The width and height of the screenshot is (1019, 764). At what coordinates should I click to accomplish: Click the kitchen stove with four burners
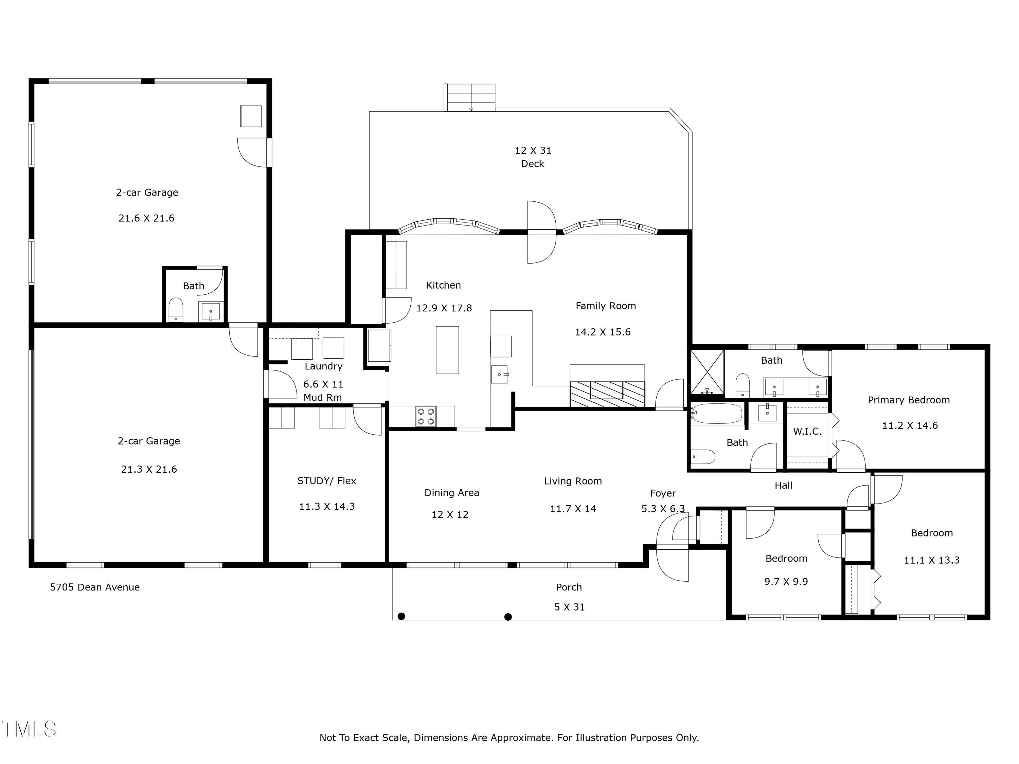point(426,416)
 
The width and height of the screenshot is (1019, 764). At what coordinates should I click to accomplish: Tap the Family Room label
point(606,306)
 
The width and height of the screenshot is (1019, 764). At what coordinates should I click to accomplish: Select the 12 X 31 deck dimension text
point(533,150)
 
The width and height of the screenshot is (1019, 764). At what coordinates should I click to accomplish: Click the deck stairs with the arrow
point(469,98)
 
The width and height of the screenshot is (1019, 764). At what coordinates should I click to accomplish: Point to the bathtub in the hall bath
point(717,414)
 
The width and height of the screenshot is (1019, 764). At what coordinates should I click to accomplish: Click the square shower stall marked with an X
point(707,372)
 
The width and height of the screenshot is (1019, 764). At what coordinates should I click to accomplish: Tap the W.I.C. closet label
point(807,432)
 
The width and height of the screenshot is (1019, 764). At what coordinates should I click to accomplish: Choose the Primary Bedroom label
point(909,400)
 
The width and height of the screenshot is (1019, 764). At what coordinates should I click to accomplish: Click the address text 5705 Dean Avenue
point(95,587)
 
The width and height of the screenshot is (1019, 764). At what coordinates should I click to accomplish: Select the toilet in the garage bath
point(176,309)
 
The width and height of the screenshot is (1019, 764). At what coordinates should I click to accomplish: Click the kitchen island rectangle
point(447,350)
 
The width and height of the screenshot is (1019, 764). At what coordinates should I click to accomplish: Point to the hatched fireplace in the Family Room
point(607,394)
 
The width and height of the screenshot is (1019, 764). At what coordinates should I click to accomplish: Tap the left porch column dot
point(401,616)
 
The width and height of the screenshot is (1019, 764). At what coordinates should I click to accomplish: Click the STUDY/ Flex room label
point(327,481)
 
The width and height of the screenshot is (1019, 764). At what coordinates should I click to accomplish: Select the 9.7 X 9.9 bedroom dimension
point(786,582)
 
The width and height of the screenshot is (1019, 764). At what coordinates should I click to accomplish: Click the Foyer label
point(663,493)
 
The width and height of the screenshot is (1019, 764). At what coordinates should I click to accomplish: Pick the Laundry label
point(323,366)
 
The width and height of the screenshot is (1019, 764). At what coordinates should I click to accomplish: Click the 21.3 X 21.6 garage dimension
point(149,469)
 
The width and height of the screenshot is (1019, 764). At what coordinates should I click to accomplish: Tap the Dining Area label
point(452,493)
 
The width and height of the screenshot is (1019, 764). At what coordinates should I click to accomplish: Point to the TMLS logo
point(29,729)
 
